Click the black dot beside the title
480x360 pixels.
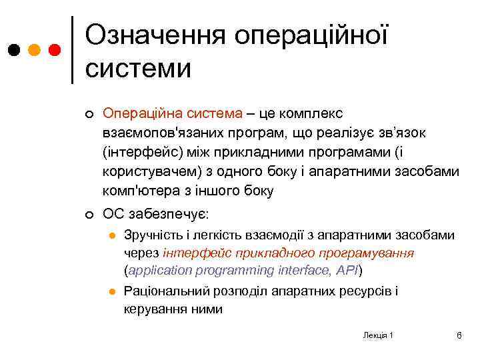pyautogui.click(x=14, y=50)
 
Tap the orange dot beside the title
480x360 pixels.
pyautogui.click(x=35, y=50)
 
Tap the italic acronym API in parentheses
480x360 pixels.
pyautogui.click(x=349, y=271)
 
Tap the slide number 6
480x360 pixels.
pyautogui.click(x=459, y=335)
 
